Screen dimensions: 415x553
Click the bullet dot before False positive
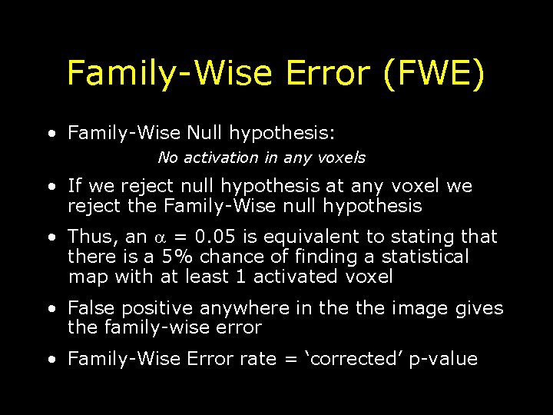tap(51, 309)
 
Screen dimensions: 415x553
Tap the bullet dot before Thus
tap(51, 237)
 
